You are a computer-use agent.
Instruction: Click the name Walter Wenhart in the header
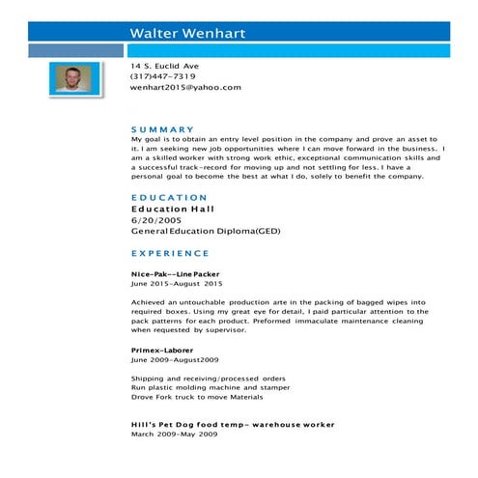click(x=188, y=34)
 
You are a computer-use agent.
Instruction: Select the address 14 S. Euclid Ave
click(x=165, y=66)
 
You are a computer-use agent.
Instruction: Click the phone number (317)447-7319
click(x=163, y=76)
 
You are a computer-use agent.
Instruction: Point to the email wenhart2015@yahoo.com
click(x=185, y=87)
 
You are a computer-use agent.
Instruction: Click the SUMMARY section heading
click(x=162, y=129)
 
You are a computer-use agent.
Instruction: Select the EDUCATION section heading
click(x=169, y=197)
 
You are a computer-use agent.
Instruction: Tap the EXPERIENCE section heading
click(x=170, y=253)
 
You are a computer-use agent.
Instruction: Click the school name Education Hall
click(x=173, y=209)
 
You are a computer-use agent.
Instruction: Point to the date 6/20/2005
click(x=156, y=220)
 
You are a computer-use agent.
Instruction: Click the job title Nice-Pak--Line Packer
click(x=176, y=274)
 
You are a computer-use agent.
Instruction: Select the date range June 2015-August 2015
click(x=177, y=285)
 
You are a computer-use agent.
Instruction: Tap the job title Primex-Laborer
click(x=162, y=350)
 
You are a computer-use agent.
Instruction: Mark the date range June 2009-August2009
click(x=172, y=359)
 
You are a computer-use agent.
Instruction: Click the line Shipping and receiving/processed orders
click(x=194, y=378)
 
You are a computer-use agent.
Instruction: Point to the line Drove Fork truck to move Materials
click(x=197, y=397)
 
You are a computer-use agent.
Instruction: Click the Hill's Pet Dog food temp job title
click(x=233, y=424)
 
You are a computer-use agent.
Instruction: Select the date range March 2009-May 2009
click(x=175, y=435)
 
